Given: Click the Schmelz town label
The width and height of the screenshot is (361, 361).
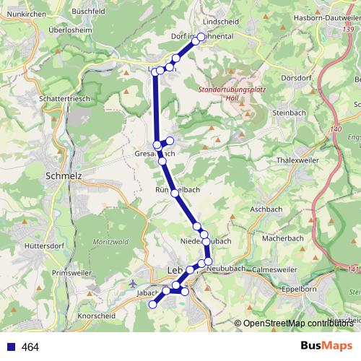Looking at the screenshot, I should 64,175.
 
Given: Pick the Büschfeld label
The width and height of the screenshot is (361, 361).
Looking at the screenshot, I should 90,12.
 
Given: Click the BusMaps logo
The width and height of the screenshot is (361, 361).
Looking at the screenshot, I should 326,347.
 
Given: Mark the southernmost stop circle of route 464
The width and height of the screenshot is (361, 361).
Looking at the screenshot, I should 152,305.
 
